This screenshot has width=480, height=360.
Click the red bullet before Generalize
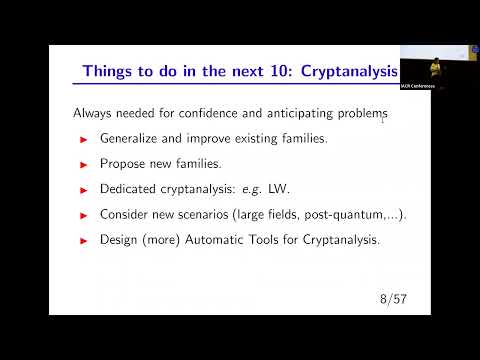click(84, 138)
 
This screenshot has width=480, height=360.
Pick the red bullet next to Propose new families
click(84, 163)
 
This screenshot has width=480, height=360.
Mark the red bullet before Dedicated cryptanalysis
click(84, 189)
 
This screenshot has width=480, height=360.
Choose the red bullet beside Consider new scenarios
click(84, 214)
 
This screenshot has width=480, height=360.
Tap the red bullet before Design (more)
click(84, 240)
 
